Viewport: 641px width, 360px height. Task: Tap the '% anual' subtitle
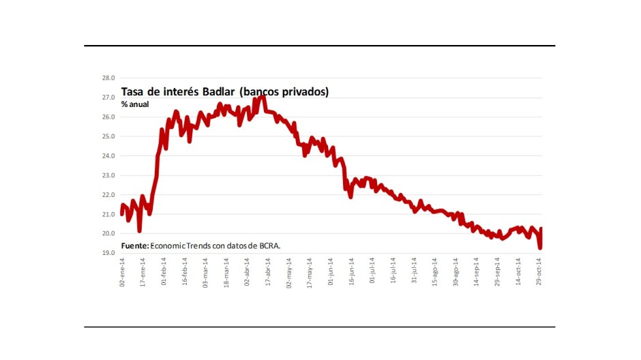click(x=135, y=104)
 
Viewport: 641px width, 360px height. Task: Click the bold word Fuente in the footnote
click(x=135, y=245)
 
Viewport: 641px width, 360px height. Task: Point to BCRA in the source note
click(x=267, y=245)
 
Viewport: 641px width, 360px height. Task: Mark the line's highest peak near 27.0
click(x=263, y=97)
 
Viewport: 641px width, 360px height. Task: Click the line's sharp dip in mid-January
click(x=139, y=230)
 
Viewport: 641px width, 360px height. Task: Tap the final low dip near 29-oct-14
click(x=539, y=247)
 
